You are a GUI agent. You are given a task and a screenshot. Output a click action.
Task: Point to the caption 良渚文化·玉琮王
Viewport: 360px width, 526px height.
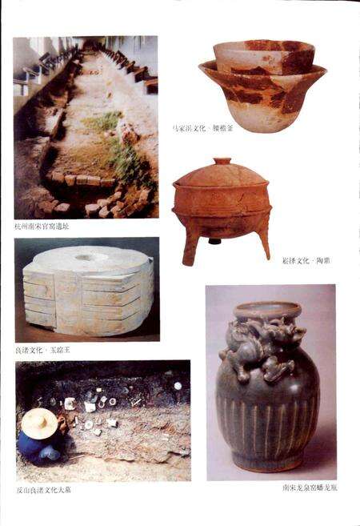point(48,350)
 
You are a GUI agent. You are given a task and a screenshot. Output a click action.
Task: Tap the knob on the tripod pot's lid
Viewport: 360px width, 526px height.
point(222,163)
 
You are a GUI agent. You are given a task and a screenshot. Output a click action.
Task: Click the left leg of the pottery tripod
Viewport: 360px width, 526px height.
point(190,245)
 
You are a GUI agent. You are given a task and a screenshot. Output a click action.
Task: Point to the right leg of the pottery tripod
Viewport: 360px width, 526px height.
point(263,239)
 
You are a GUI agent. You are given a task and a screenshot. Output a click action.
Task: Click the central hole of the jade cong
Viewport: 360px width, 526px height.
point(85,258)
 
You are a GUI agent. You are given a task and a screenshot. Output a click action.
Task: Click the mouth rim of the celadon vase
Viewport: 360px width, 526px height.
point(267,308)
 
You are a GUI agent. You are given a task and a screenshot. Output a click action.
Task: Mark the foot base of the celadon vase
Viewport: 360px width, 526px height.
point(268,466)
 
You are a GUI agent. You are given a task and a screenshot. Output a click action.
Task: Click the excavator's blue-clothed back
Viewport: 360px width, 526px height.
point(40,446)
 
